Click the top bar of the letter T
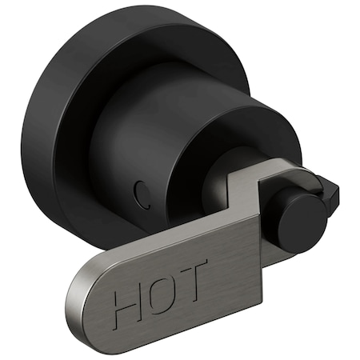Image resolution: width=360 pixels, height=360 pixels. tap(194, 263)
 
